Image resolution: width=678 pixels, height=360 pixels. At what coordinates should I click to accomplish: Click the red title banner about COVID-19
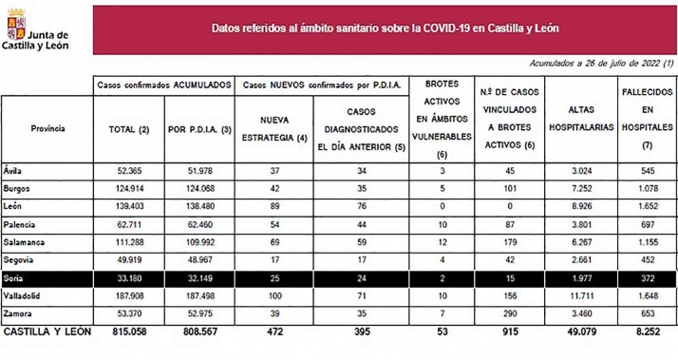385,28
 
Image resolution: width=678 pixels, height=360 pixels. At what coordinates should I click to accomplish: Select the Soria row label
18,278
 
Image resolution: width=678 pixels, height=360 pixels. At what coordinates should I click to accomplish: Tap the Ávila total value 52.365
126,171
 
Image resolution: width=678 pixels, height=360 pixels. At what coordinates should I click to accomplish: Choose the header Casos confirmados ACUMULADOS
163,84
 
